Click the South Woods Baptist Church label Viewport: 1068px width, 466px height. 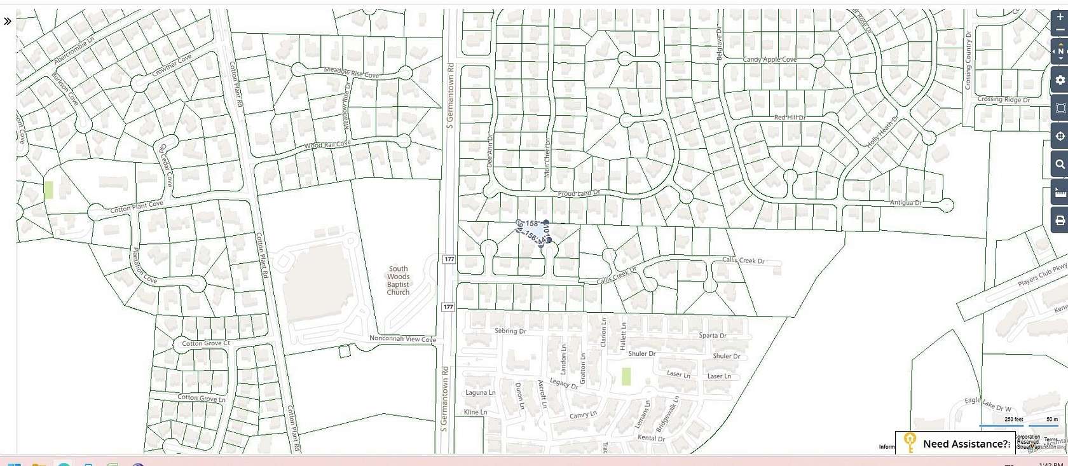point(398,280)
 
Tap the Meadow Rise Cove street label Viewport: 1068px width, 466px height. point(351,72)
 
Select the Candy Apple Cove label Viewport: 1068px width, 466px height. point(769,59)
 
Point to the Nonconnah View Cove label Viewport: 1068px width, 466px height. point(402,339)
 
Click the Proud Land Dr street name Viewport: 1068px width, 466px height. point(578,193)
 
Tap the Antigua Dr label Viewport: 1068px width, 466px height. point(906,203)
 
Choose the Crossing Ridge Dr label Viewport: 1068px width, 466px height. point(1003,99)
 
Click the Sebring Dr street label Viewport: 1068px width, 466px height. point(510,331)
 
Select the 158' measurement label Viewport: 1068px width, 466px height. point(532,223)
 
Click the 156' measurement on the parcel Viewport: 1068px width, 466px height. point(531,236)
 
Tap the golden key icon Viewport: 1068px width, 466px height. point(910,442)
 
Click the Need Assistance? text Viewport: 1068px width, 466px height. point(966,444)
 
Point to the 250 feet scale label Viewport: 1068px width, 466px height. point(1013,420)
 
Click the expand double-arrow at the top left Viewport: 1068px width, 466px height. point(8,21)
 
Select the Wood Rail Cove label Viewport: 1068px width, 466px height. point(327,145)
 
